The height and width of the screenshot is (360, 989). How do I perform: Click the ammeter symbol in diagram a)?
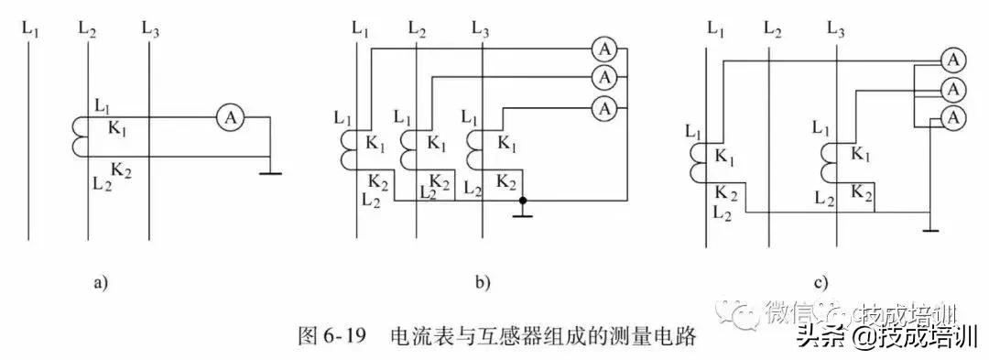click(232, 116)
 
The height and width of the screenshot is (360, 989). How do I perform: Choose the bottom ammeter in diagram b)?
click(603, 108)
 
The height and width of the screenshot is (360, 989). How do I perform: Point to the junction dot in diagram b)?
click(521, 198)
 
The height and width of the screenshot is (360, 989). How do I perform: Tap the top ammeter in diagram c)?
click(953, 60)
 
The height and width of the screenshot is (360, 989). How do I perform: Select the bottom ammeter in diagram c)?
click(953, 117)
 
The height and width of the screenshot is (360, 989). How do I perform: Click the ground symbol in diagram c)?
click(930, 228)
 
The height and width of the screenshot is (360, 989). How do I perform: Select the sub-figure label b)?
click(483, 283)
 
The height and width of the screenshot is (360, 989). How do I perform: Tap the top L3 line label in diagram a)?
click(150, 29)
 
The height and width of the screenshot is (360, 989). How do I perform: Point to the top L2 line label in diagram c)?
click(773, 31)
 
